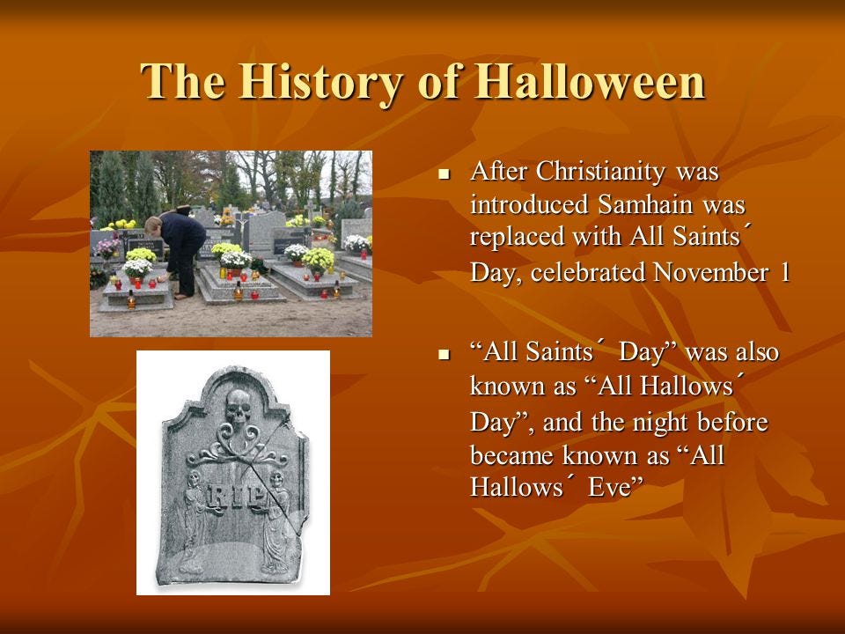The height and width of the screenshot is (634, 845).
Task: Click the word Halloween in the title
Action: click(591, 81)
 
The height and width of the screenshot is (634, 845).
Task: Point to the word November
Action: click(710, 272)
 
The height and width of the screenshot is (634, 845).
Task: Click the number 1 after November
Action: click(784, 272)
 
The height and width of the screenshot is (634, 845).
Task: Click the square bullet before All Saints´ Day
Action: click(444, 355)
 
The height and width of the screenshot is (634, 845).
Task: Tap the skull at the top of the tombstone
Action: click(239, 408)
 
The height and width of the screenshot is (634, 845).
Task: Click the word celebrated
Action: click(589, 272)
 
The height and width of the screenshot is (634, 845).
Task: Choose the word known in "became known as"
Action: click(599, 455)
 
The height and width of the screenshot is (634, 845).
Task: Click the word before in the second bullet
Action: click(733, 422)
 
